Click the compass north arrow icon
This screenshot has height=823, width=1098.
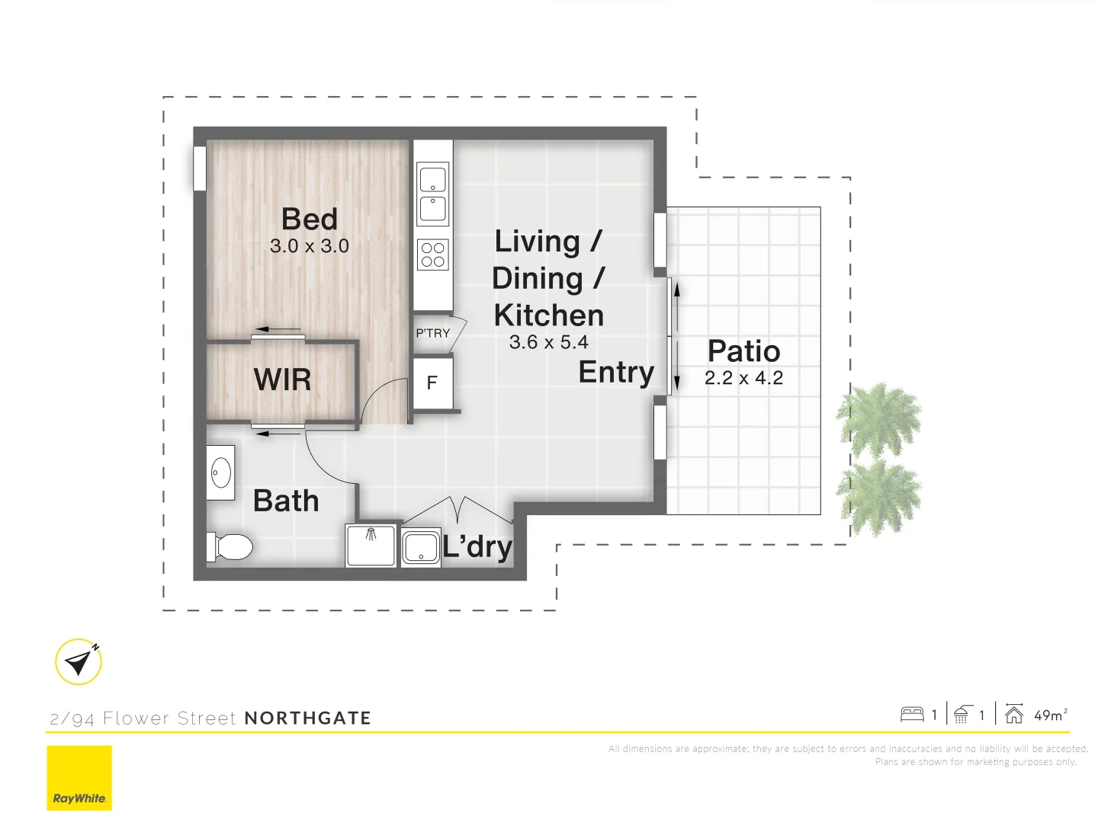[79, 661]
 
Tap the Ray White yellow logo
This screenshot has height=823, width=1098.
[79, 777]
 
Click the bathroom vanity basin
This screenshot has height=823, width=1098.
[221, 473]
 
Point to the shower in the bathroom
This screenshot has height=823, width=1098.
[371, 545]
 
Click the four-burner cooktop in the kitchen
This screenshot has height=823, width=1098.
[433, 255]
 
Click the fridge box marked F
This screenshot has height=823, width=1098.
[432, 383]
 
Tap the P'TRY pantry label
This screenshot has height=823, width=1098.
[432, 333]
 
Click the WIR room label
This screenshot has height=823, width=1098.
[282, 379]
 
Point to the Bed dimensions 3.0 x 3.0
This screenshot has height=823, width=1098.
[310, 246]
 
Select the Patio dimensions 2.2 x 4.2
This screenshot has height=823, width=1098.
[743, 378]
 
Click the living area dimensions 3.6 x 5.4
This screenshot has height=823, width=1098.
[548, 342]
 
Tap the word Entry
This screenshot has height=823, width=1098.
[616, 372]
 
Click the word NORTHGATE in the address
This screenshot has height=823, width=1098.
[307, 718]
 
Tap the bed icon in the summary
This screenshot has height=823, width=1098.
[912, 715]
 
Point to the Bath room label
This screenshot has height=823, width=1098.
[286, 501]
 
